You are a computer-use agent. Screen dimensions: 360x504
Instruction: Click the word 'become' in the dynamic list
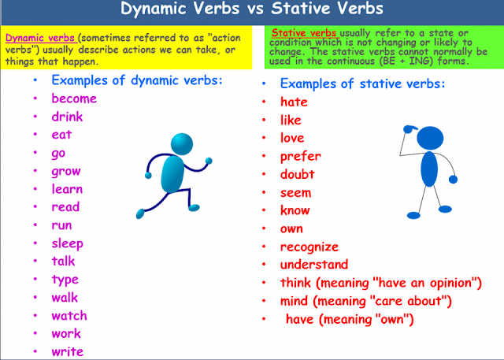74,98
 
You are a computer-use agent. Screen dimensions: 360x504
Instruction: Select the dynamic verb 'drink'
67,117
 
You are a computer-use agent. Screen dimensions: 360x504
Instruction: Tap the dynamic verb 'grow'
66,171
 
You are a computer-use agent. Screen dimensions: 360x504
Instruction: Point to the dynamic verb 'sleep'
67,243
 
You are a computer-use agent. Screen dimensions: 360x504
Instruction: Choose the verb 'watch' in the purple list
69,316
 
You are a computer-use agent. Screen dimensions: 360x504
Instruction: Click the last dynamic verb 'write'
67,352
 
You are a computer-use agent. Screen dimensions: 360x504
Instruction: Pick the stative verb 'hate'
294,102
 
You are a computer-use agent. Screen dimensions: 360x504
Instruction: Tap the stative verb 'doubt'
297,174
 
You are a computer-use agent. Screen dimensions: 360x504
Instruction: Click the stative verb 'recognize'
309,247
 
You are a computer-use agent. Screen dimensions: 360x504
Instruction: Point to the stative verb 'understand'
313,265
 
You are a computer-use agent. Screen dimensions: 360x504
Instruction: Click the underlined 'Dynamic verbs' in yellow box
40,37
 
